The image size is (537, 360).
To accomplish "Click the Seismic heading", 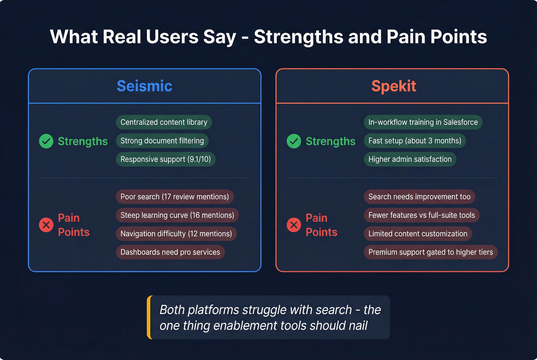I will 144,86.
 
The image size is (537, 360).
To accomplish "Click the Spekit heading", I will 394,86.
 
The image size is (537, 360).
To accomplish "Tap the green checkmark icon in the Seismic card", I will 46,141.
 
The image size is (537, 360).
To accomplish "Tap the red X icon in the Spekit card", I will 294,225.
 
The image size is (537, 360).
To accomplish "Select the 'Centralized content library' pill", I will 164,122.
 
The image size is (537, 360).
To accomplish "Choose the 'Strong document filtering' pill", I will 162,141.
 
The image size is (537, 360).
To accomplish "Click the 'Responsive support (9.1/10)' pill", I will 166,159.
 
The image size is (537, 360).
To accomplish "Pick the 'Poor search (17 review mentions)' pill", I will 175,197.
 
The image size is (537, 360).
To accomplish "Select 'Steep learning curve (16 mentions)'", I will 177,215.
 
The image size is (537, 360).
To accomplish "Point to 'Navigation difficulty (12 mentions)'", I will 176,233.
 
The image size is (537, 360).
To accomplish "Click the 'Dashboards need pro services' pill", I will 170,252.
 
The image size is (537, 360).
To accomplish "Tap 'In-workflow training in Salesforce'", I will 423,122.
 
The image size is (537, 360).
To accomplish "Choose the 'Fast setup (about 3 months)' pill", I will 415,141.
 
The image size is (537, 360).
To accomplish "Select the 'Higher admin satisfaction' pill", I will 410,159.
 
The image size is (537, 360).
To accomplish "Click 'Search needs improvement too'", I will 419,197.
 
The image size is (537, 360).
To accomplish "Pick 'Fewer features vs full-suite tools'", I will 422,215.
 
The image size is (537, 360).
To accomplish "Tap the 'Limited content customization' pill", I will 418,233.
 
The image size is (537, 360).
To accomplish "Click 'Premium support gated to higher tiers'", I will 430,252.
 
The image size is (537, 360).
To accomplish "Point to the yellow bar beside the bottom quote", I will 149,317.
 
